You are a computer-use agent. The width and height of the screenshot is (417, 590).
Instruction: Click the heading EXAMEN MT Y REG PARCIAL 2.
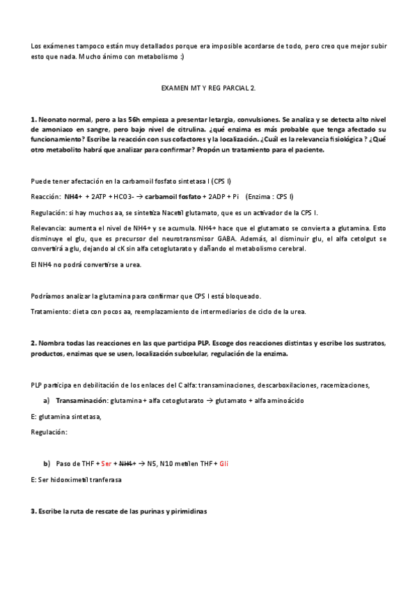tap(208, 89)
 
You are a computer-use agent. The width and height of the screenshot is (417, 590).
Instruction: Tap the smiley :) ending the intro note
tap(182, 56)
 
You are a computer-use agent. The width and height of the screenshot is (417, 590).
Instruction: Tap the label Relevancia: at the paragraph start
tap(49, 228)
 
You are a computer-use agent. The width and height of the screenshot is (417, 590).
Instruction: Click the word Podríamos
tap(49, 296)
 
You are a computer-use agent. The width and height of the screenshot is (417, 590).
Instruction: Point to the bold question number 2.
tap(33, 344)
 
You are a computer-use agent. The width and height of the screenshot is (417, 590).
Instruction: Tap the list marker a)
tap(47, 401)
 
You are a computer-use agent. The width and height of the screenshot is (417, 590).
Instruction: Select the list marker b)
tap(47, 463)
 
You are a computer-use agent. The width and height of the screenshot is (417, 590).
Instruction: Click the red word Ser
tap(106, 463)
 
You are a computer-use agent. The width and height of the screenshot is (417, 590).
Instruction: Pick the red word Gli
tap(223, 463)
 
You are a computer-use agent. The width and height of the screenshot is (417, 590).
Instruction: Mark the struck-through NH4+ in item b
tap(126, 463)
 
